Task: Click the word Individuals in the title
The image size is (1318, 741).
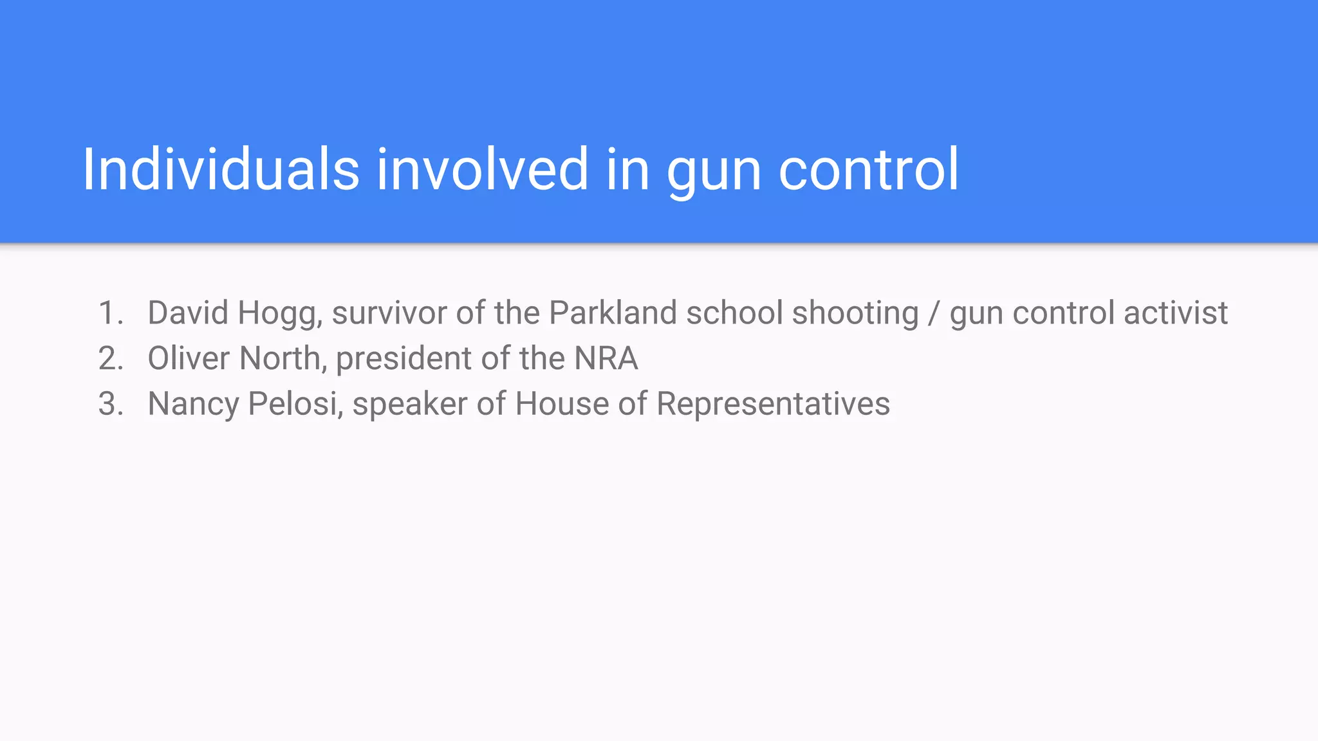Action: click(x=221, y=169)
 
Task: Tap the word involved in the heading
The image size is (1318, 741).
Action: click(x=482, y=169)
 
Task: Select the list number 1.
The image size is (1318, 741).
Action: click(x=110, y=313)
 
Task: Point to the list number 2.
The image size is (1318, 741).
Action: click(x=110, y=359)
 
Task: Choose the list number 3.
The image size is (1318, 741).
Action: click(x=110, y=405)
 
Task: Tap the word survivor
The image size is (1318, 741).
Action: click(x=389, y=313)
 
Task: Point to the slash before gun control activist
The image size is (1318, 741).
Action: click(x=934, y=313)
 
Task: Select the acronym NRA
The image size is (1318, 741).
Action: click(x=606, y=359)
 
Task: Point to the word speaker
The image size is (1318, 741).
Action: click(x=409, y=405)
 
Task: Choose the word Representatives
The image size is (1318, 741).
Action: click(x=773, y=405)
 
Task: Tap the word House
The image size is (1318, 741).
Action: click(x=562, y=405)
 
